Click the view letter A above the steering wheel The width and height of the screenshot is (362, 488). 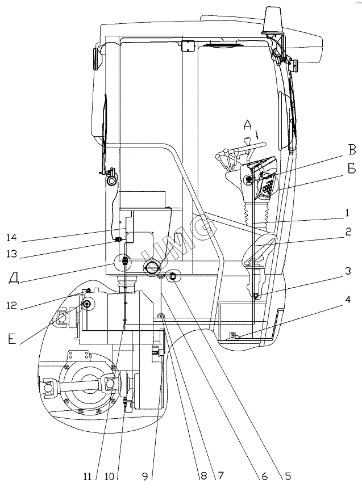point(247,125)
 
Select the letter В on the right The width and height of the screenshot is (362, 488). point(352,150)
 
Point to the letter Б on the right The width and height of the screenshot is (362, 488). point(352,169)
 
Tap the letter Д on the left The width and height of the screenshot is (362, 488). point(16,277)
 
